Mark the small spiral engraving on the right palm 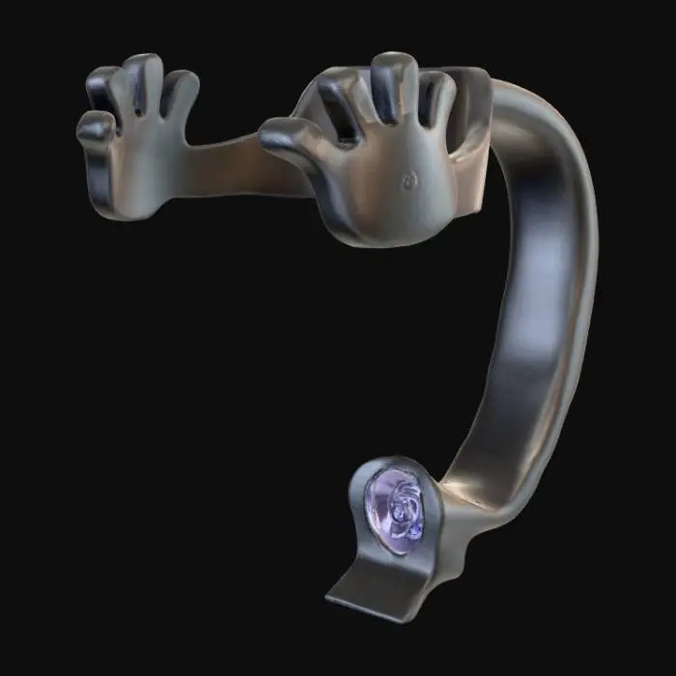click(x=410, y=179)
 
